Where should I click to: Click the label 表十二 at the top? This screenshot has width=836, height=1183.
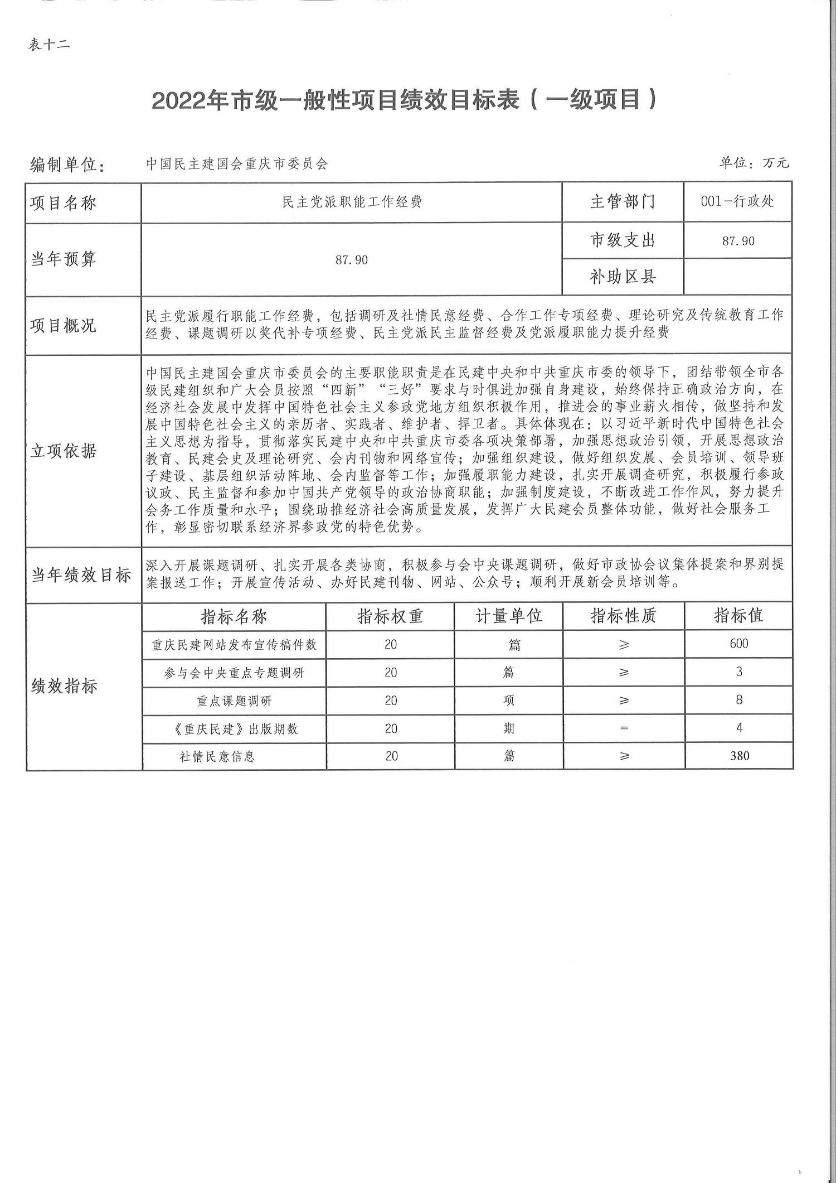49,45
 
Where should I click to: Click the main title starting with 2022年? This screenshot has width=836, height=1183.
405,100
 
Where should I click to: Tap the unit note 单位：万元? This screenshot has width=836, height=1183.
754,163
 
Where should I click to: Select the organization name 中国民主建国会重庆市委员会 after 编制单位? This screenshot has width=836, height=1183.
237,164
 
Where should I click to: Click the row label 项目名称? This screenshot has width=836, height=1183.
64,203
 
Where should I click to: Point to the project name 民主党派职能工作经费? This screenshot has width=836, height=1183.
352,202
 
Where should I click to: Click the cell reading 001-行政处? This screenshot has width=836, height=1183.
737,201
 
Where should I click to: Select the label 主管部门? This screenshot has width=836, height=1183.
623,201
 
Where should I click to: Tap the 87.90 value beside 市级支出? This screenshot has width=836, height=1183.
738,241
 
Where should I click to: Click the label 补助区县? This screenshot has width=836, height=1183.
623,277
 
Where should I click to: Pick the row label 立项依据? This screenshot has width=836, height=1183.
64,451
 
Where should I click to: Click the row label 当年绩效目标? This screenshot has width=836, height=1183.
81,575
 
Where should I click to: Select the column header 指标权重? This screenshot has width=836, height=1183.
390,616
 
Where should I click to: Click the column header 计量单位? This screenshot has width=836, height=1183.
508,616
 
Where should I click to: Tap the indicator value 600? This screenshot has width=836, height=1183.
738,644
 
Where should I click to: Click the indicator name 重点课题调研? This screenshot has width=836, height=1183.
234,701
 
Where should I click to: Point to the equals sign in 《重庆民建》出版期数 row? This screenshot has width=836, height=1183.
624,728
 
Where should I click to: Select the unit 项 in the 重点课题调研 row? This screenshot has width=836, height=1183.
509,701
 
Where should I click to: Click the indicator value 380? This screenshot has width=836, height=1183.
739,756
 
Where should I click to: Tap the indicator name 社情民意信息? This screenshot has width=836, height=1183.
217,756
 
